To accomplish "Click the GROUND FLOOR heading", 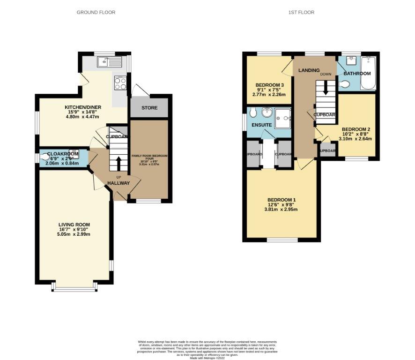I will (x=96, y=12).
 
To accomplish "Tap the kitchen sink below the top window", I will (x=109, y=61).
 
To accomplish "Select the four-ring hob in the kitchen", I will (x=120, y=83).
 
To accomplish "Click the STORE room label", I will (x=149, y=108).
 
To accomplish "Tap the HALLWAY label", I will (x=118, y=183).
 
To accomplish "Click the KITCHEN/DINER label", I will (x=83, y=107).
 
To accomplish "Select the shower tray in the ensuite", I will (x=283, y=117).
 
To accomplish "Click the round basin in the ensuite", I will (x=267, y=112).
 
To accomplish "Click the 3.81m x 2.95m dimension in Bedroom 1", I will (x=281, y=210).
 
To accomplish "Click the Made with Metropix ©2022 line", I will (x=207, y=358).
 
